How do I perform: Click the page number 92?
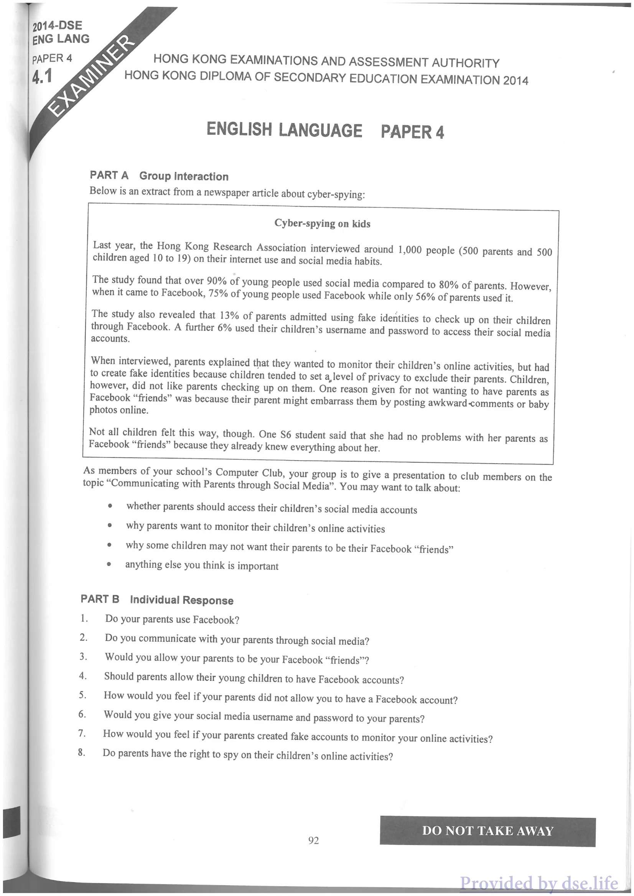coord(313,840)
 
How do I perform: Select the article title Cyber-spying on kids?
coord(322,224)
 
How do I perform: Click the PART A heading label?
coord(109,175)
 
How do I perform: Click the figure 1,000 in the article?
coord(410,250)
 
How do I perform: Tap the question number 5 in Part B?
coord(82,695)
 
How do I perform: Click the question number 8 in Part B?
coord(81,752)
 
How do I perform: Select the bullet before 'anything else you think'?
coord(109,564)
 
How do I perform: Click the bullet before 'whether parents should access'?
coord(110,506)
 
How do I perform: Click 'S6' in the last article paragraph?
coord(286,434)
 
